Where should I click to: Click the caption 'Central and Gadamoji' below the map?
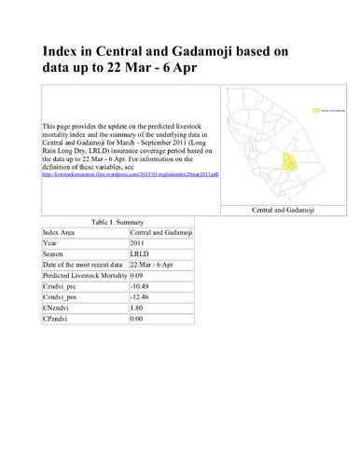click(285, 211)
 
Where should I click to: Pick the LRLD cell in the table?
click(141, 254)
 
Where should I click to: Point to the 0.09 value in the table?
click(137, 276)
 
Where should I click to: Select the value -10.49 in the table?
click(141, 287)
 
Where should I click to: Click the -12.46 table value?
click(141, 298)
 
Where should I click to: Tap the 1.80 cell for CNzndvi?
click(137, 309)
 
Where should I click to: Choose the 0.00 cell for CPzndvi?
click(137, 321)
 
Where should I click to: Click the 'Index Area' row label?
click(60, 231)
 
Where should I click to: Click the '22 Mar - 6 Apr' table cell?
click(153, 265)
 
